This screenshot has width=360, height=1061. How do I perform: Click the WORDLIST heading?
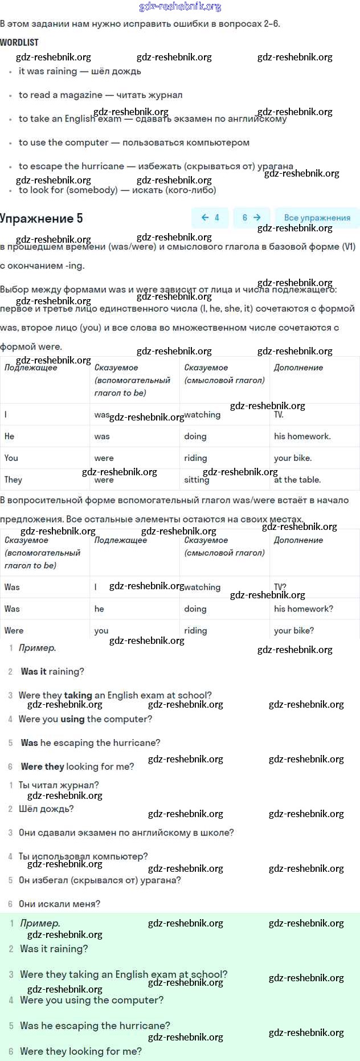pos(19,43)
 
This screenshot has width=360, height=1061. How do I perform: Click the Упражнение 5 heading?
pos(42,218)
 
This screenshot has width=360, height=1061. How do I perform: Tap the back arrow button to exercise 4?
pos(210,218)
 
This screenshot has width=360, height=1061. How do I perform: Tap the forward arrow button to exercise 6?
pos(251,218)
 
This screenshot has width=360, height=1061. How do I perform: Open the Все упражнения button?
pos(317,218)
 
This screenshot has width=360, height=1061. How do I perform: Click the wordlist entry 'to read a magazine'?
pos(100,95)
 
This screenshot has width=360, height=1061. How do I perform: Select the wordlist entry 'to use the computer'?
pos(134,142)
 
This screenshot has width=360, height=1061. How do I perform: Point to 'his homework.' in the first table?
pos(302,436)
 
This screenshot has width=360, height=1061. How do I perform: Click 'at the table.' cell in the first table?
pos(297,480)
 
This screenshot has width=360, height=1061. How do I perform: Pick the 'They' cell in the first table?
pos(13,480)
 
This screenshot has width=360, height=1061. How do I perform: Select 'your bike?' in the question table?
pos(293,631)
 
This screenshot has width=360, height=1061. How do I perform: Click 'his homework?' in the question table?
pos(303,609)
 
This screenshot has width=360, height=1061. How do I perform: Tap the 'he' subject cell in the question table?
pos(99,609)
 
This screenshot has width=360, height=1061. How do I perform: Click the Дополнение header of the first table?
pos(298,368)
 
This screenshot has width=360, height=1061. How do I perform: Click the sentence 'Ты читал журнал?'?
pos(59,785)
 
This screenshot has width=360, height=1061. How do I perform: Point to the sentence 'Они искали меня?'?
pos(59,904)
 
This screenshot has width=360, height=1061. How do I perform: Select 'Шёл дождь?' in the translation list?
pos(46,809)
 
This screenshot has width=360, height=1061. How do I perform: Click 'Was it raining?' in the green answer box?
pos(54,949)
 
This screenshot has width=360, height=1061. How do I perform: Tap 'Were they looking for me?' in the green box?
pos(81,1051)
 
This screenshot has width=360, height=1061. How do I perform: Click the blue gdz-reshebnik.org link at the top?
pos(180,7)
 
